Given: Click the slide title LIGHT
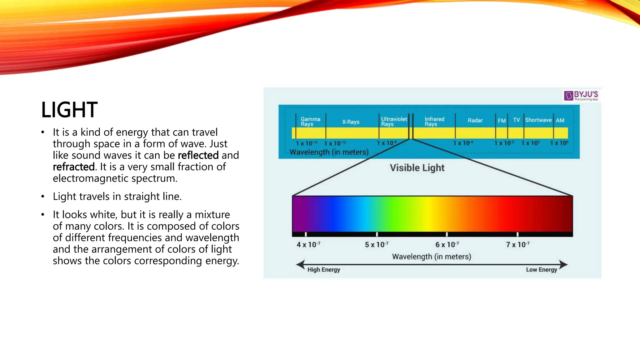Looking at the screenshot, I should click(x=69, y=110).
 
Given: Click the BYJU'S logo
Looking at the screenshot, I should click(x=581, y=96).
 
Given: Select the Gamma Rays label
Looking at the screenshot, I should click(x=310, y=122).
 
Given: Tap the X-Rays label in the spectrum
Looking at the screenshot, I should click(x=351, y=122).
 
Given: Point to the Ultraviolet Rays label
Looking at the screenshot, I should click(x=394, y=122).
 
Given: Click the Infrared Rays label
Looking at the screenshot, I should click(x=434, y=122).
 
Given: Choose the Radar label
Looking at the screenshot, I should click(x=475, y=120).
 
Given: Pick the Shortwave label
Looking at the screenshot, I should click(x=538, y=120).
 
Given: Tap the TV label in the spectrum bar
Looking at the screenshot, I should click(x=516, y=120).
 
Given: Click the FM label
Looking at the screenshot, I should click(x=502, y=121).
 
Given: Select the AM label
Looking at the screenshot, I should click(x=560, y=120).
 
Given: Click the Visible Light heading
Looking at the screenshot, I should click(x=417, y=168).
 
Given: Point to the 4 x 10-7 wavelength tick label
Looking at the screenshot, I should click(x=308, y=244).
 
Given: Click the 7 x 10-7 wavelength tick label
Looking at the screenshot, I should click(x=517, y=244).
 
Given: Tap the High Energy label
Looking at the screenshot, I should click(x=323, y=270).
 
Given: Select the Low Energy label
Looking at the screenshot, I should click(x=541, y=270).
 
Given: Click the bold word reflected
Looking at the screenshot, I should click(x=198, y=155).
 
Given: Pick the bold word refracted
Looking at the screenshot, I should click(x=73, y=167).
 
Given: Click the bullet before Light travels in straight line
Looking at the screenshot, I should click(x=43, y=197).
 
